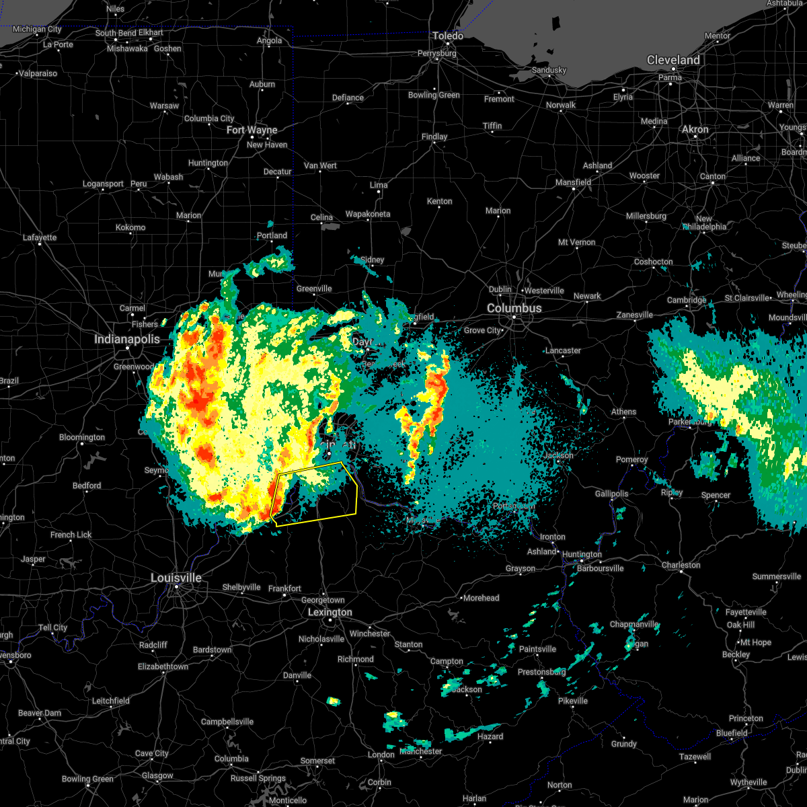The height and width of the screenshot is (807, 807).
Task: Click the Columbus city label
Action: [x=514, y=308]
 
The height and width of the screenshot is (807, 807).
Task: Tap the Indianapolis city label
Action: [x=127, y=339]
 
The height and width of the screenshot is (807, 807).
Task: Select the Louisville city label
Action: [x=176, y=578]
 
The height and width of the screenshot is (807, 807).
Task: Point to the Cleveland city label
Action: [x=673, y=60]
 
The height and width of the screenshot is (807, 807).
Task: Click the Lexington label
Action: [x=330, y=612]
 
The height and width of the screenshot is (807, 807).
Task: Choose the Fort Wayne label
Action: [x=252, y=130]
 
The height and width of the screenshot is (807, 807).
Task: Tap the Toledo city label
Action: [x=448, y=36]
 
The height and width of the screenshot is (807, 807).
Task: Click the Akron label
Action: [x=695, y=129]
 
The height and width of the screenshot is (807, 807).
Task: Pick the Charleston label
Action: [x=681, y=565]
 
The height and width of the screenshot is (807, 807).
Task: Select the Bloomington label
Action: [x=82, y=437]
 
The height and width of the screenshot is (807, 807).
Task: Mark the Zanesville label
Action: [x=635, y=315]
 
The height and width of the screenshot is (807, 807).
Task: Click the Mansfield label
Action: [x=574, y=182]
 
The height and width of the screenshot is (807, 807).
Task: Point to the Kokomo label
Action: [x=130, y=227]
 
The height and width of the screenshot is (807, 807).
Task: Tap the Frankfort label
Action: [x=284, y=588]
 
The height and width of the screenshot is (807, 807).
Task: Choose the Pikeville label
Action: [x=573, y=701]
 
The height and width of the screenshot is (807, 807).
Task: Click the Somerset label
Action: [x=317, y=761]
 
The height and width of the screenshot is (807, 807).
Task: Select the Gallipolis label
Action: [x=611, y=494]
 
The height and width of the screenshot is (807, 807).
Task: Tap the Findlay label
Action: [x=434, y=137]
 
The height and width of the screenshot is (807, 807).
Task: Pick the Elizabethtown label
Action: [x=163, y=666]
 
